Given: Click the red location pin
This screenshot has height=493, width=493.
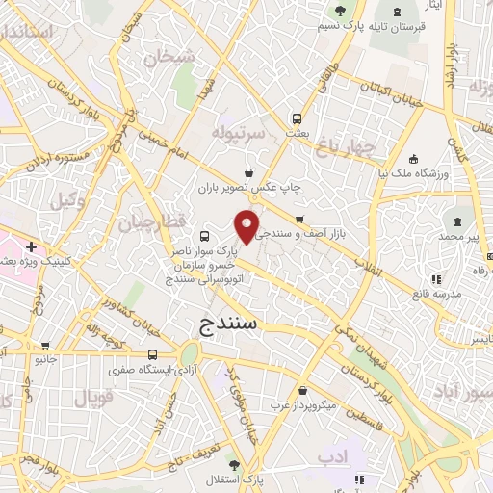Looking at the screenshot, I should pos(247,225).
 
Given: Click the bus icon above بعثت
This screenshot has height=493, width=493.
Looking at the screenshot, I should pos(297,119).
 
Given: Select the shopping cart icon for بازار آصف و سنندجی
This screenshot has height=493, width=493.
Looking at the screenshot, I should pos(299,219).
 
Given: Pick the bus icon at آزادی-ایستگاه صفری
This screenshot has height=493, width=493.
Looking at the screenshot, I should pos(154,353).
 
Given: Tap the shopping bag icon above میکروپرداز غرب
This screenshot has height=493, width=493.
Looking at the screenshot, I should pos(304,391).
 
